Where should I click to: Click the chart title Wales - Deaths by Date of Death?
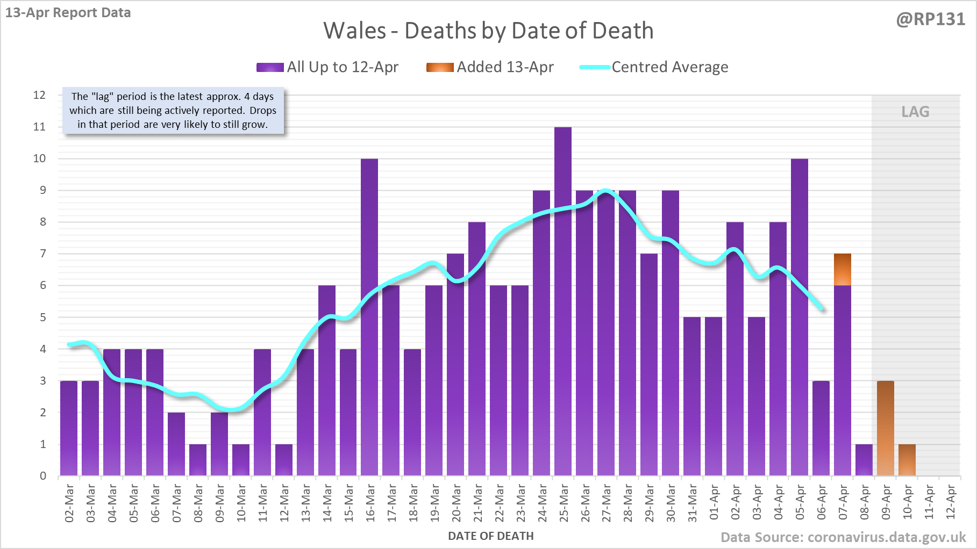[488, 31]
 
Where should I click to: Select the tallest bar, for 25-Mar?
[563, 301]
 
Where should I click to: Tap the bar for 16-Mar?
[369, 317]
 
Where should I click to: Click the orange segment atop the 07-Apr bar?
[843, 269]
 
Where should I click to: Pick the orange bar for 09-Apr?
[886, 428]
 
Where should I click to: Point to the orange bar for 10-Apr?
[907, 460]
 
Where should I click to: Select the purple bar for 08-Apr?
[864, 460]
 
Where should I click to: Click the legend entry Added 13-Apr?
[490, 67]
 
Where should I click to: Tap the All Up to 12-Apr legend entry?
[327, 67]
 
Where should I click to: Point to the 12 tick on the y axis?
[40, 95]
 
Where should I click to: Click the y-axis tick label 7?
[43, 254]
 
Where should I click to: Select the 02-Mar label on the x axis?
[69, 503]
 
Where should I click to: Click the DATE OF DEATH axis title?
[490, 536]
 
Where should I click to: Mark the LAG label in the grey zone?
[915, 112]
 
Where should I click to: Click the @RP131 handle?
[930, 19]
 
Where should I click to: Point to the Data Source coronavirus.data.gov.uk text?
[843, 537]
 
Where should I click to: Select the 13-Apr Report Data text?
[68, 13]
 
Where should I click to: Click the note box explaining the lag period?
[173, 111]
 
